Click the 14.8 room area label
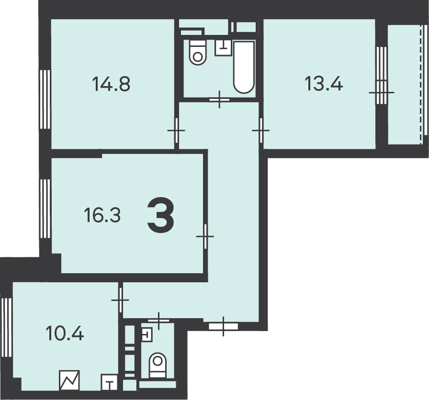(x=111, y=84)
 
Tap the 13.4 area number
(x=323, y=84)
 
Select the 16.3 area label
(x=102, y=215)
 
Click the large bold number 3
(x=160, y=216)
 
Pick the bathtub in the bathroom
(x=244, y=67)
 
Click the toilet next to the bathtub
(x=198, y=53)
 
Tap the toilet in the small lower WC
(x=158, y=365)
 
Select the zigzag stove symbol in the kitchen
(x=69, y=380)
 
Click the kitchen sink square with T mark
(x=110, y=382)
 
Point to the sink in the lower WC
(x=147, y=334)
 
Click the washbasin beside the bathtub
(x=224, y=48)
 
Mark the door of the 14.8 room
(x=177, y=131)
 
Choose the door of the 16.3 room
(x=205, y=236)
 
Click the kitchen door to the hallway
(x=120, y=300)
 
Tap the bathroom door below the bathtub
(x=219, y=100)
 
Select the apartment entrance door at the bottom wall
(x=223, y=326)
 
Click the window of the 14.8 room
(x=45, y=99)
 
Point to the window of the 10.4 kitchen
(x=7, y=328)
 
